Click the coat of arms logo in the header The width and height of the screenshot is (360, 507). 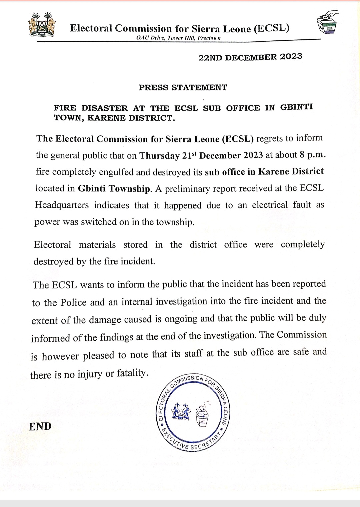(x=42, y=25)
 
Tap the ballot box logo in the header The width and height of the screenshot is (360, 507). (x=327, y=22)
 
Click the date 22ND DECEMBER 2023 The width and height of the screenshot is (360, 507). (x=250, y=57)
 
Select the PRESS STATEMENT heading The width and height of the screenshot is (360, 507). (x=183, y=87)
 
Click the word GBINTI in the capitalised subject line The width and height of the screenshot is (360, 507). (x=296, y=107)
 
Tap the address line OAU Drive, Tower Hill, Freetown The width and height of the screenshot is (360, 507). (x=178, y=38)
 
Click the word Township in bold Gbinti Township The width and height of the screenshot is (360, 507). (x=130, y=189)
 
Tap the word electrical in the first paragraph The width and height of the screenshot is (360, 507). (x=270, y=205)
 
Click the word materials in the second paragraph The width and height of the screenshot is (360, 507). (x=97, y=245)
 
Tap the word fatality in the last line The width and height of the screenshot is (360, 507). (x=132, y=373)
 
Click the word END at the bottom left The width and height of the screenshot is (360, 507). (x=40, y=426)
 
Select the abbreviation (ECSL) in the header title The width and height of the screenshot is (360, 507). (x=272, y=28)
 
